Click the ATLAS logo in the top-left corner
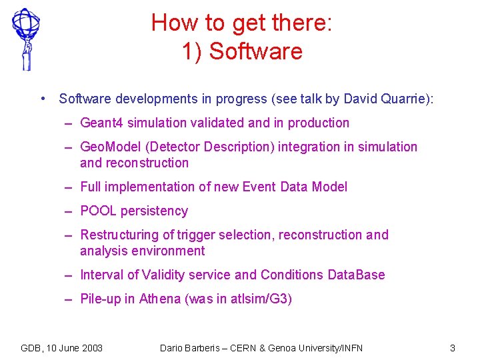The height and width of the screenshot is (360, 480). [x=25, y=38]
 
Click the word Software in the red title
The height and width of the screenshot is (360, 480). [x=256, y=51]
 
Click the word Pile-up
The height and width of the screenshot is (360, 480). [x=101, y=299]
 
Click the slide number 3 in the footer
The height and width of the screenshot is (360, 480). [x=453, y=348]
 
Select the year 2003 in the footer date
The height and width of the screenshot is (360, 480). [x=91, y=348]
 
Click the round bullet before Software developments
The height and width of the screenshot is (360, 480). [x=43, y=99]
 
